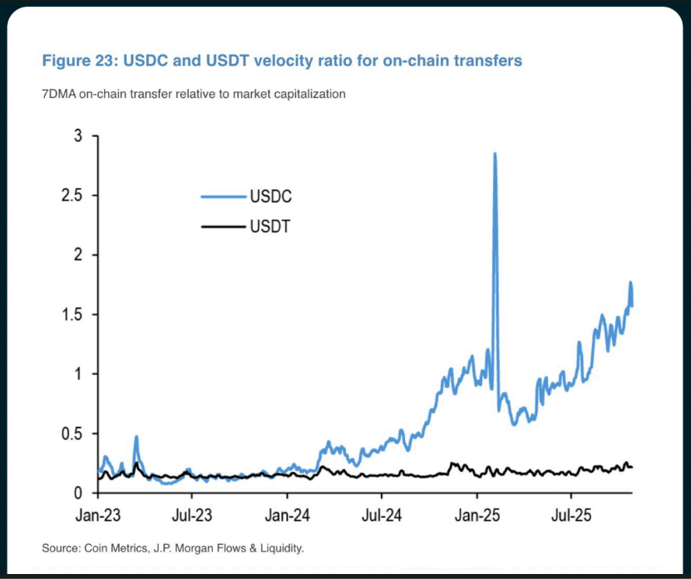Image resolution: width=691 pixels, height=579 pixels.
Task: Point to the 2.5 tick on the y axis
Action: point(72,195)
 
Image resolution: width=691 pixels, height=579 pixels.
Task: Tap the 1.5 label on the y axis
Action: point(72,314)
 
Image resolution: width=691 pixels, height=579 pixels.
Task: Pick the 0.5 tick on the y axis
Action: point(72,433)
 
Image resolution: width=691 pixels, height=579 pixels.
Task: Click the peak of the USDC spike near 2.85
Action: point(495,154)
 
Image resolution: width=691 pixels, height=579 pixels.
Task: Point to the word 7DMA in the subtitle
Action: point(58,94)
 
